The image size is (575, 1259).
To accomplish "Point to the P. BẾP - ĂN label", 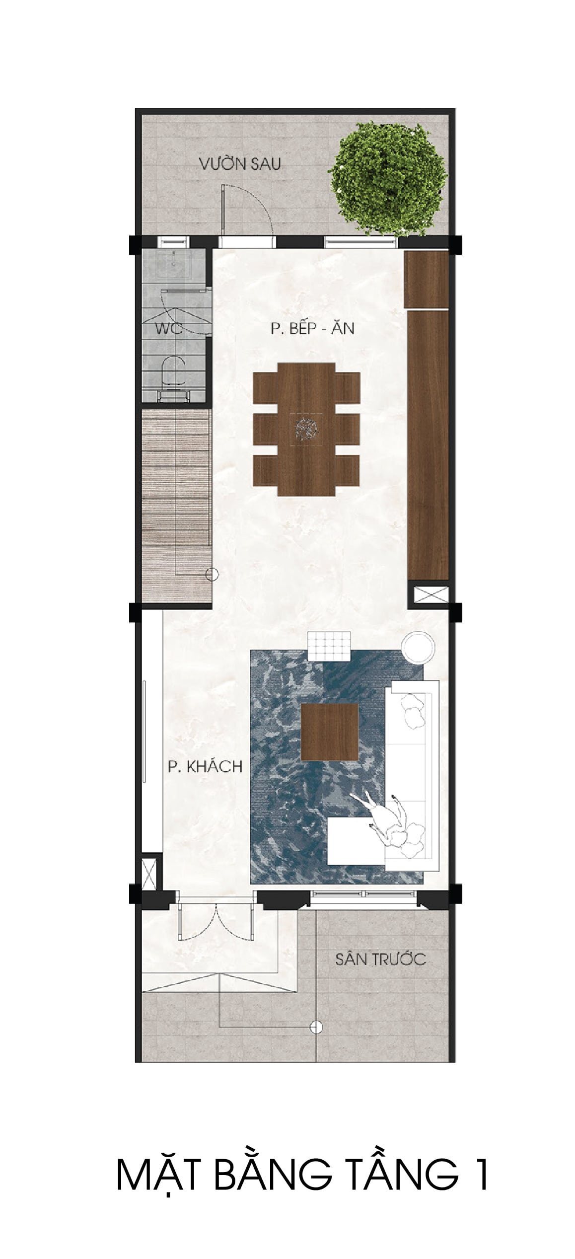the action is [x=312, y=328].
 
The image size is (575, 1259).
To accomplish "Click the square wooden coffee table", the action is [x=330, y=732].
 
